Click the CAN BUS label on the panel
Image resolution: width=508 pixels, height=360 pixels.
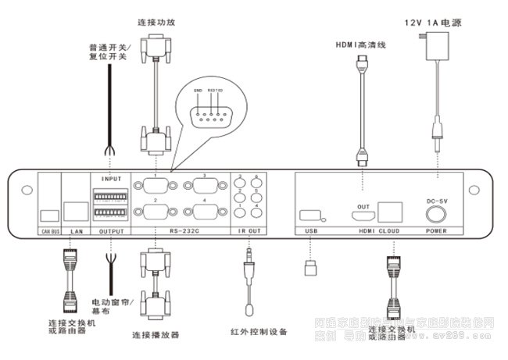(x=49, y=232)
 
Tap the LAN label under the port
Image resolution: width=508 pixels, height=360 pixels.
(x=76, y=232)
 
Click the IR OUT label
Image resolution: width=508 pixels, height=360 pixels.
(x=249, y=232)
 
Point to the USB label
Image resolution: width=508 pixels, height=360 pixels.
(x=311, y=232)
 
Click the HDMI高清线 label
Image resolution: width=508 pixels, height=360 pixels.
(x=362, y=45)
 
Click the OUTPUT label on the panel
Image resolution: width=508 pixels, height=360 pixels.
(x=112, y=232)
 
